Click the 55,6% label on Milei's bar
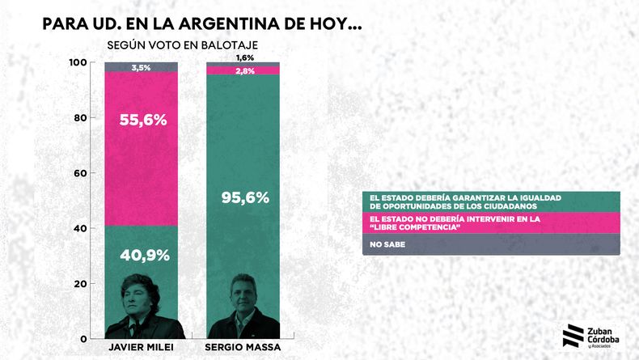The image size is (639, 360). (142, 120)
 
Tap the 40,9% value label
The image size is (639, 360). (144, 256)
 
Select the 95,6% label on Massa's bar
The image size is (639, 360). (244, 197)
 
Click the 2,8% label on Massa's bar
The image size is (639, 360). (244, 71)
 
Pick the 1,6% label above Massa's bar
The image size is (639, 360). (244, 57)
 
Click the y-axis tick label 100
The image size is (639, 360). (78, 63)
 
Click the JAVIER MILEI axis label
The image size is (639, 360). (142, 347)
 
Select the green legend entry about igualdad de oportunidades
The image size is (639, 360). (490, 201)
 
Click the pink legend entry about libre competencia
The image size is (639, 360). (490, 222)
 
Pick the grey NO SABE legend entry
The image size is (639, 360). (490, 244)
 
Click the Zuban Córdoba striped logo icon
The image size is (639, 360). (572, 335)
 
